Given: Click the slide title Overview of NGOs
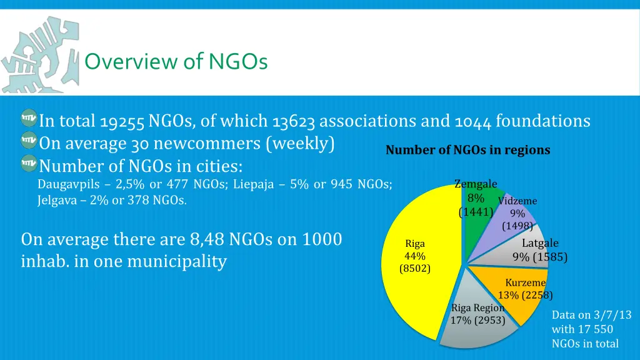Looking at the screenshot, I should [176, 61].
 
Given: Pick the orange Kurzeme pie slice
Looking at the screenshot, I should [519, 294].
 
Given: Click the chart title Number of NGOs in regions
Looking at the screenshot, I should [467, 150].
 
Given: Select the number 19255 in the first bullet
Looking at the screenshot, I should [122, 121].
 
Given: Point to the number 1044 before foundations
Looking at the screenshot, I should [473, 121].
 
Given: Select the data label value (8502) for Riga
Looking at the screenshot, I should [415, 269].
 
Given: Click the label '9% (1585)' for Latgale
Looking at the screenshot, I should [540, 257].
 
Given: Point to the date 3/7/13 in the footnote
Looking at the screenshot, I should [611, 316].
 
